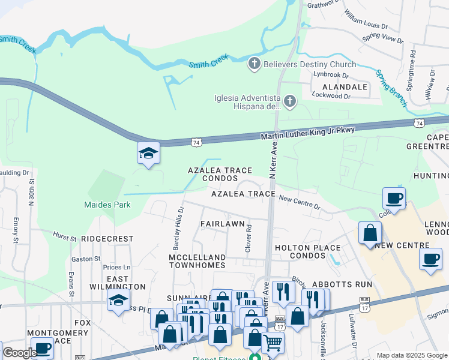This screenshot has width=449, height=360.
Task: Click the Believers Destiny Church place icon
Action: (255, 64)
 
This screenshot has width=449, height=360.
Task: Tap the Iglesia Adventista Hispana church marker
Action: (290, 101)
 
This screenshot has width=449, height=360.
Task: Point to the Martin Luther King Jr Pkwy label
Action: (308, 133)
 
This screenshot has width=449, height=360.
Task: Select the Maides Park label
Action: (107, 205)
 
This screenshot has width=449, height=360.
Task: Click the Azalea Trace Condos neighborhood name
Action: (220, 175)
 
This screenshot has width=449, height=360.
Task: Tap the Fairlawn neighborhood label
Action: (222, 224)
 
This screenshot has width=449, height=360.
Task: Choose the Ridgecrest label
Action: (107, 238)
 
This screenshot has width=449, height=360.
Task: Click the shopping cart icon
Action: (273, 343)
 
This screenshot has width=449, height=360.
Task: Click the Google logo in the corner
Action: (20, 353)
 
